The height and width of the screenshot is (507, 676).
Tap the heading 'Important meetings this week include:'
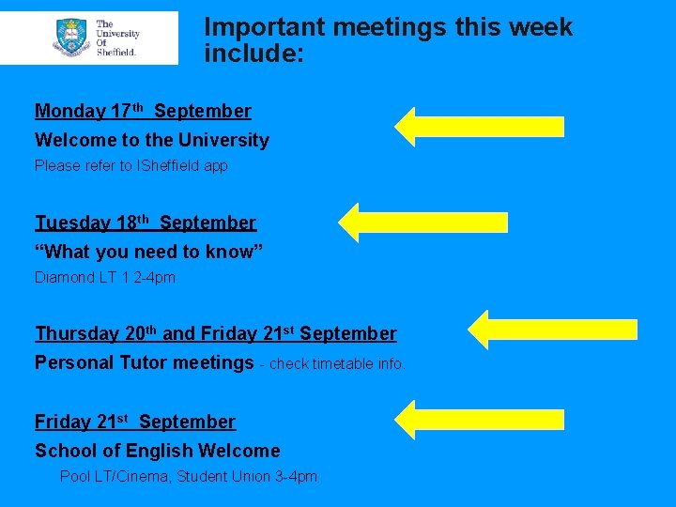click(x=388, y=40)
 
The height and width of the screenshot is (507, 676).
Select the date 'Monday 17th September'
click(x=143, y=112)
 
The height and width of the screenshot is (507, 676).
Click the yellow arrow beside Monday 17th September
click(x=479, y=127)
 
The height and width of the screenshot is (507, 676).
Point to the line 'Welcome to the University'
click(x=152, y=141)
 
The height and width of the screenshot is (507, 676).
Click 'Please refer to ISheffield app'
click(x=131, y=166)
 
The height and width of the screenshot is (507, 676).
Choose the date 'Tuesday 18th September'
click(x=146, y=223)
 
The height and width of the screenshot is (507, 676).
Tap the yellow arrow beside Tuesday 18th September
click(x=422, y=223)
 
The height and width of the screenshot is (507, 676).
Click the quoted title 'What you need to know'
click(x=149, y=252)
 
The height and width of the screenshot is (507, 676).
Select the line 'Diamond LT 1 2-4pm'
click(x=105, y=277)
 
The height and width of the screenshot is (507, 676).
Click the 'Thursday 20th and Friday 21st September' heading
click(x=216, y=334)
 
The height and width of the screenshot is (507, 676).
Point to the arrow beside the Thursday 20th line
click(x=553, y=330)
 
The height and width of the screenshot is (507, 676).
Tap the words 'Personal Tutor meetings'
click(x=145, y=362)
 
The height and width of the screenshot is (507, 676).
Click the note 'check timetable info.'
click(x=337, y=364)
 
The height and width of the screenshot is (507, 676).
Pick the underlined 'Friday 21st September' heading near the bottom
click(x=135, y=422)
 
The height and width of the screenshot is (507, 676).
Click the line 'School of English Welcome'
click(x=158, y=452)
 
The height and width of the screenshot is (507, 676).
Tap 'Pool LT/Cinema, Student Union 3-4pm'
click(x=189, y=477)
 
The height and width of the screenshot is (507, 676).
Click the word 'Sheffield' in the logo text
click(x=116, y=52)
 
